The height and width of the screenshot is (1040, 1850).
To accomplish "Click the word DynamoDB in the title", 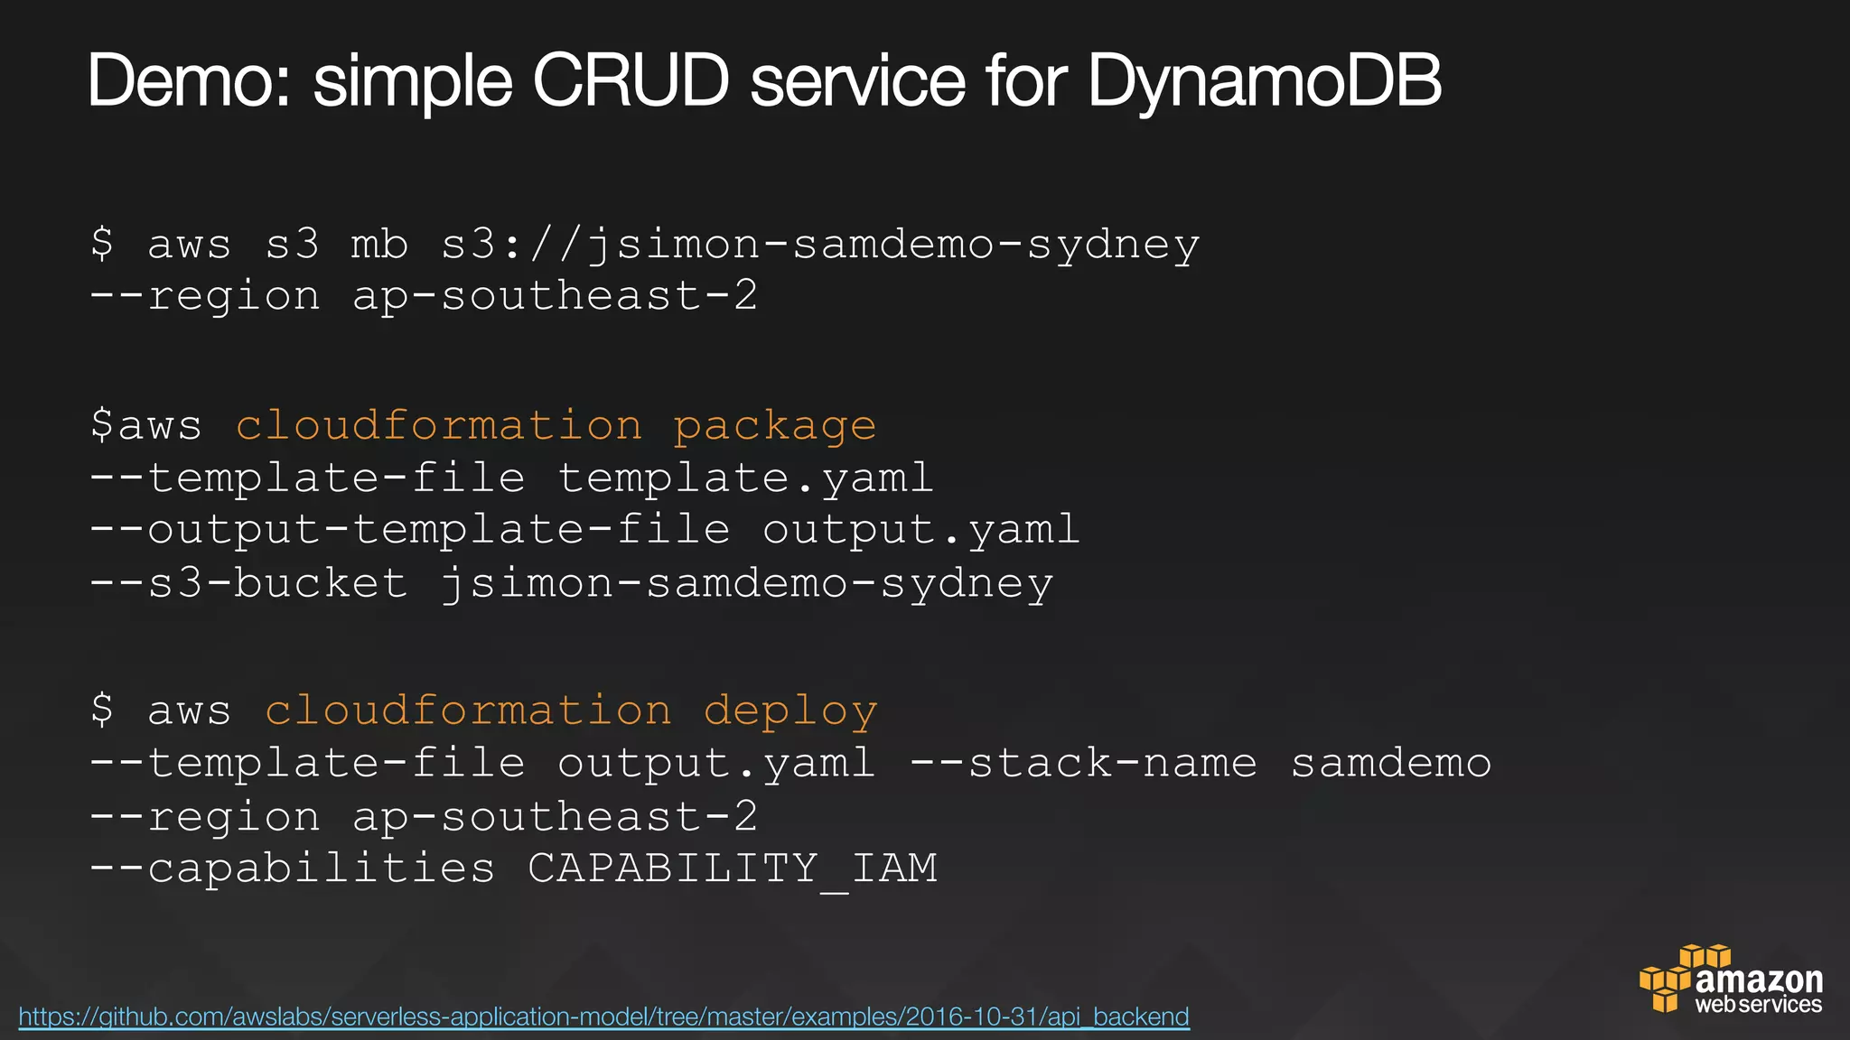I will pos(1264,82).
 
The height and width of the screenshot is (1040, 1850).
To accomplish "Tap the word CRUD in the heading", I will pos(631,82).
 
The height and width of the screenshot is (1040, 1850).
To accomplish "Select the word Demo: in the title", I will pos(190,82).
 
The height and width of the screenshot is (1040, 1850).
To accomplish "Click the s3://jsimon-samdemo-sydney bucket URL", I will pos(820,246).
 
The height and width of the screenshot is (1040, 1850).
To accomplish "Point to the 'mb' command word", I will pos(379,246).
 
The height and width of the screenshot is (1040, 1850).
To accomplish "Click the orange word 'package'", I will pos(774,426).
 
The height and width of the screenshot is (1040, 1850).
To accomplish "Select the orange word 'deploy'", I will pos(790,711).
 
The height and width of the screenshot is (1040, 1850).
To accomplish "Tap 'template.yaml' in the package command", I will pos(745,478).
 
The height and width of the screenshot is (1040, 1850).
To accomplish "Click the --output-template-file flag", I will pos(410,531).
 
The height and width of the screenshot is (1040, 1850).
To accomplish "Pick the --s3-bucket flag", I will pos(248,583).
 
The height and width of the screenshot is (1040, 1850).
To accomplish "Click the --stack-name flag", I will pos(1083,764).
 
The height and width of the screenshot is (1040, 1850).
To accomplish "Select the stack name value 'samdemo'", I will pos(1390,764).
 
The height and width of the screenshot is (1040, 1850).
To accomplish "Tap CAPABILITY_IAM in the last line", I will pos(733,869).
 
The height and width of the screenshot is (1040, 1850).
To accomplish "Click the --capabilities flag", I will pos(292,869).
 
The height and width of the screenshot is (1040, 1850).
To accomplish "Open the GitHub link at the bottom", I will pos(603,1017).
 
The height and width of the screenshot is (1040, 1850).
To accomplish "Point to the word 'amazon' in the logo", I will pos(1759,980).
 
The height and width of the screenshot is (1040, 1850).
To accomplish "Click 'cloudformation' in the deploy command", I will pos(468,711).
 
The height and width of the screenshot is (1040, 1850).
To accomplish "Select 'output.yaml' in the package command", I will pos(920,531).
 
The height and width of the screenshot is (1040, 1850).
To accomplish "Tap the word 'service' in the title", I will pos(858,82).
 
